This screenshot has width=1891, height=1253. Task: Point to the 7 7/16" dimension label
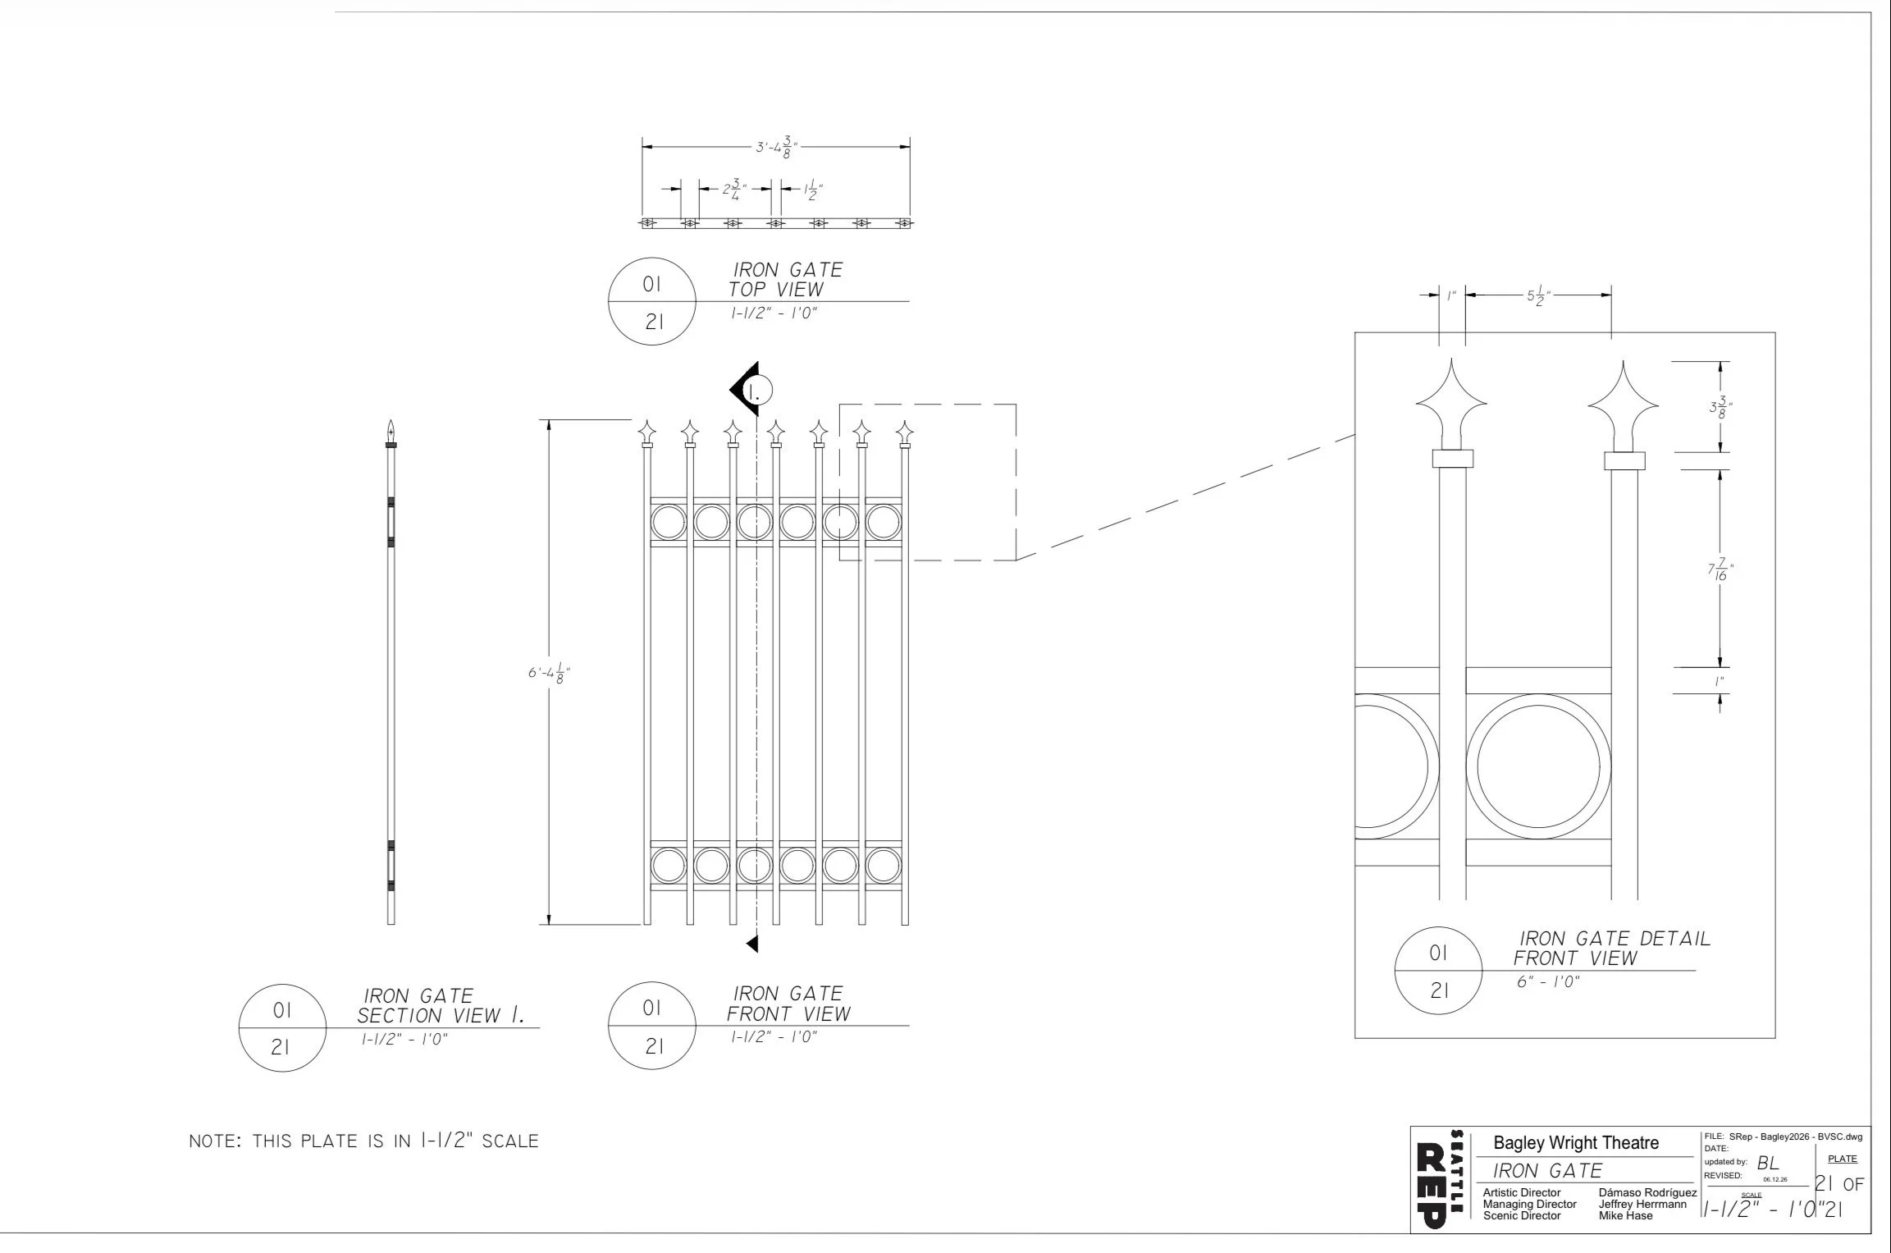click(1721, 569)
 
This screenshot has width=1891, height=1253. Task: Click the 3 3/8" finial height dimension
click(1721, 408)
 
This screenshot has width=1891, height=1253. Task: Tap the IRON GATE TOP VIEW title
click(787, 280)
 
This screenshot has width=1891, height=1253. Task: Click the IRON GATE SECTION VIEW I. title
click(441, 1005)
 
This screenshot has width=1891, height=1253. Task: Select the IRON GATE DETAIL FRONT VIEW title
click(1612, 948)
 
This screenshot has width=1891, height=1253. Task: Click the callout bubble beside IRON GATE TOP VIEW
click(652, 302)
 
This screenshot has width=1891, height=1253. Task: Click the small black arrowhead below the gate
click(752, 944)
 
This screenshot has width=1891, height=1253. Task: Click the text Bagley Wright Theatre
click(1576, 1142)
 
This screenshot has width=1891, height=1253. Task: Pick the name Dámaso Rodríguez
click(1647, 1192)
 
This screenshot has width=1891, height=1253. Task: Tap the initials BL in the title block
click(1768, 1164)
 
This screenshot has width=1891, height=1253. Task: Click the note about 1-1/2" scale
click(363, 1141)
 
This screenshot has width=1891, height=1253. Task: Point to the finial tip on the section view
click(391, 420)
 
